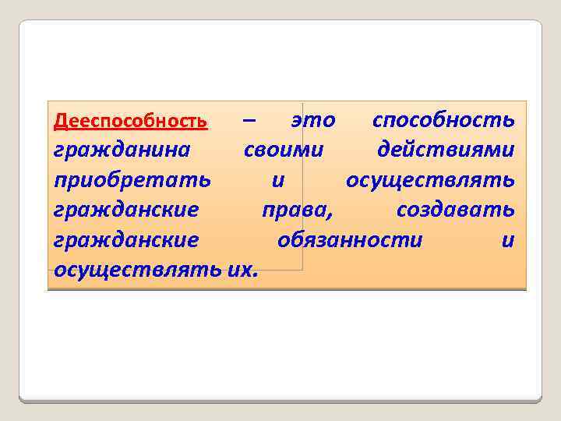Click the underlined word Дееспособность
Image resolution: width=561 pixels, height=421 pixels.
point(130,122)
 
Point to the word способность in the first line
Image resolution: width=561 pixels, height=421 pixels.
point(443,121)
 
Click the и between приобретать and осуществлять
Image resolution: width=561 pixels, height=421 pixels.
point(278,181)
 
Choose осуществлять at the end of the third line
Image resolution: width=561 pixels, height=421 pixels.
point(430,181)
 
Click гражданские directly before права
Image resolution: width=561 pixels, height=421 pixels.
point(126,210)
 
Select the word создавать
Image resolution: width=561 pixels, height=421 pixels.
point(455,210)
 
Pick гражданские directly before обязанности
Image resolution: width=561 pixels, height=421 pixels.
point(126,241)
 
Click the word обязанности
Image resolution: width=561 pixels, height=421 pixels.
point(350,240)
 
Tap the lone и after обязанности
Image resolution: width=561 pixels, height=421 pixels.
point(508,241)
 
